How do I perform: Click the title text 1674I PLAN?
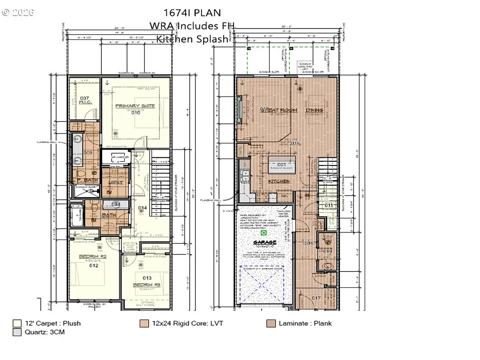click(192, 13)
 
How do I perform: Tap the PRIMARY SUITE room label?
click(135, 106)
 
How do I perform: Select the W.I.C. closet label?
click(84, 100)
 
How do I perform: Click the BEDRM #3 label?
click(147, 285)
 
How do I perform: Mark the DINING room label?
click(315, 110)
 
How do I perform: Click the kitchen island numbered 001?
click(281, 165)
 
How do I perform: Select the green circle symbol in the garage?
click(263, 232)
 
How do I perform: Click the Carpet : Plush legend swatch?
click(17, 323)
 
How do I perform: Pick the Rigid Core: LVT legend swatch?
click(144, 323)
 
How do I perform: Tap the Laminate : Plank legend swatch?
click(270, 323)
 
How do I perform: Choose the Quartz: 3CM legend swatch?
click(17, 332)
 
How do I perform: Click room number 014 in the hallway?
click(142, 208)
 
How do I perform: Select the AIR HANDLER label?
click(117, 157)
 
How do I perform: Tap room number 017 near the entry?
click(315, 298)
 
